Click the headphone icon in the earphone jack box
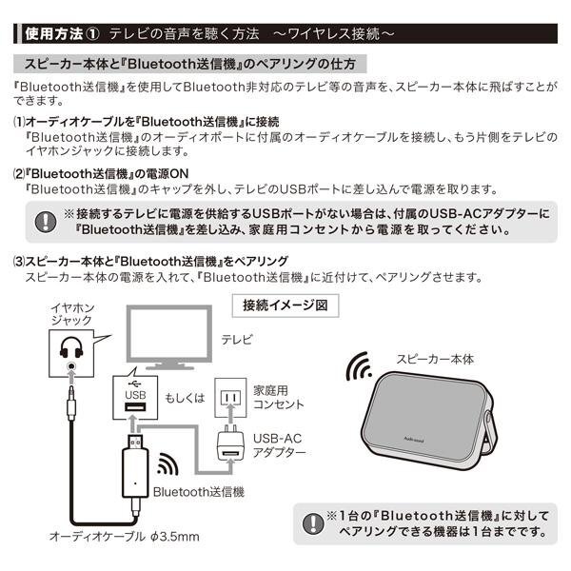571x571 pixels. pyautogui.click(x=71, y=347)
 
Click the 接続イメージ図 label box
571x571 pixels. pyautogui.click(x=285, y=305)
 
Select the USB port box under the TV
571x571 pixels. pyautogui.click(x=135, y=398)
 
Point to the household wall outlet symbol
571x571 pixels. pyautogui.click(x=230, y=397)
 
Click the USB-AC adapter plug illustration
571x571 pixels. pyautogui.click(x=230, y=443)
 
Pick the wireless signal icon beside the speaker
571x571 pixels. pyautogui.click(x=359, y=366)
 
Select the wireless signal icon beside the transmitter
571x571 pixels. pyautogui.click(x=167, y=464)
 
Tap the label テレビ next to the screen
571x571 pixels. pyautogui.click(x=237, y=340)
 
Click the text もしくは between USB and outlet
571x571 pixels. pyautogui.click(x=185, y=398)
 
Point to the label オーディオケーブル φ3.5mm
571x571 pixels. pyautogui.click(x=125, y=537)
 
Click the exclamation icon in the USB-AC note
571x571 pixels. pyautogui.click(x=46, y=222)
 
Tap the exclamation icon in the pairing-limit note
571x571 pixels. pyautogui.click(x=313, y=523)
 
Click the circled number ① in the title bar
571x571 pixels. pyautogui.click(x=92, y=34)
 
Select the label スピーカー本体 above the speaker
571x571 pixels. pyautogui.click(x=435, y=359)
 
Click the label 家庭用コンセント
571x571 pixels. pyautogui.click(x=279, y=397)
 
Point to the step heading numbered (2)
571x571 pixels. pyautogui.click(x=101, y=174)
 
